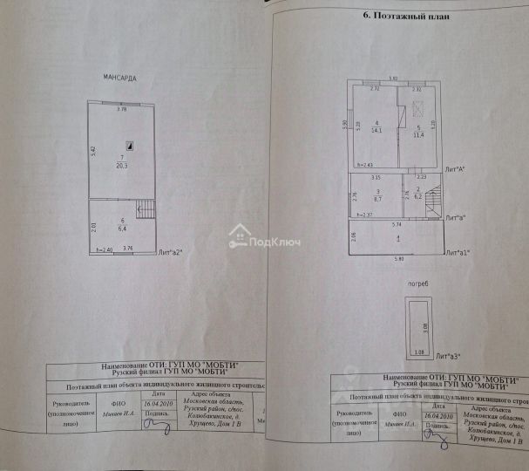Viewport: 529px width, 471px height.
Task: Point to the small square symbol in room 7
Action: point(128,146)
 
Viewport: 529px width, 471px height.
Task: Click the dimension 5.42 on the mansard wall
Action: point(92,149)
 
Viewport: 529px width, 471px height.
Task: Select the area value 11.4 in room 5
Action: point(418,134)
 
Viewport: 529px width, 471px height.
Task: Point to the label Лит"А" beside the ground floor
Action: point(455,167)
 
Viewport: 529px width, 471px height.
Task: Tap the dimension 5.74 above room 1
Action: point(396,224)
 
